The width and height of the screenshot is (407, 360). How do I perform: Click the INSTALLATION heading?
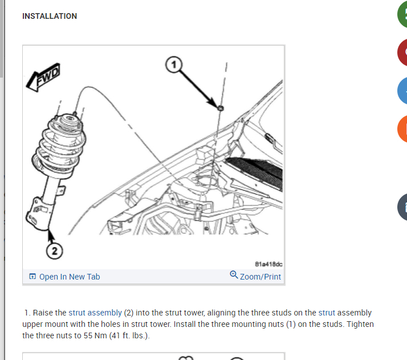pyautogui.click(x=50, y=16)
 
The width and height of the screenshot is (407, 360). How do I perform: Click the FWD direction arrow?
pyautogui.click(x=43, y=77)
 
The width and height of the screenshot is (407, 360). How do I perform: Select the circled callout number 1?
pyautogui.click(x=174, y=64)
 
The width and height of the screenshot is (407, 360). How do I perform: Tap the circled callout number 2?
pyautogui.click(x=55, y=251)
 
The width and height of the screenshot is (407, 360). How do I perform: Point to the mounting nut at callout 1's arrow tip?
pyautogui.click(x=221, y=108)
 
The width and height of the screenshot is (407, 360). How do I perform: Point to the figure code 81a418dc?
pyautogui.click(x=268, y=264)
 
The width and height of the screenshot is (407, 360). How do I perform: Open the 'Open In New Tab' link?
pyautogui.click(x=70, y=277)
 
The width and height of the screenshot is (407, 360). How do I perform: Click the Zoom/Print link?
pyautogui.click(x=261, y=277)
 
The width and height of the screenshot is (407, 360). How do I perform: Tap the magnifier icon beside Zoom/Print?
pyautogui.click(x=234, y=274)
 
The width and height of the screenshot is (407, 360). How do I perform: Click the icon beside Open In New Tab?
pyautogui.click(x=32, y=276)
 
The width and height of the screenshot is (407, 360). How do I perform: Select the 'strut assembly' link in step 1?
pyautogui.click(x=95, y=313)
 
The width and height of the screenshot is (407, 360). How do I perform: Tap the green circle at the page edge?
pyautogui.click(x=402, y=14)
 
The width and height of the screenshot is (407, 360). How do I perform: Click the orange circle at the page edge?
pyautogui.click(x=402, y=129)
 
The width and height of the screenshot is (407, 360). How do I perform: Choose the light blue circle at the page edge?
pyautogui.click(x=402, y=91)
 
